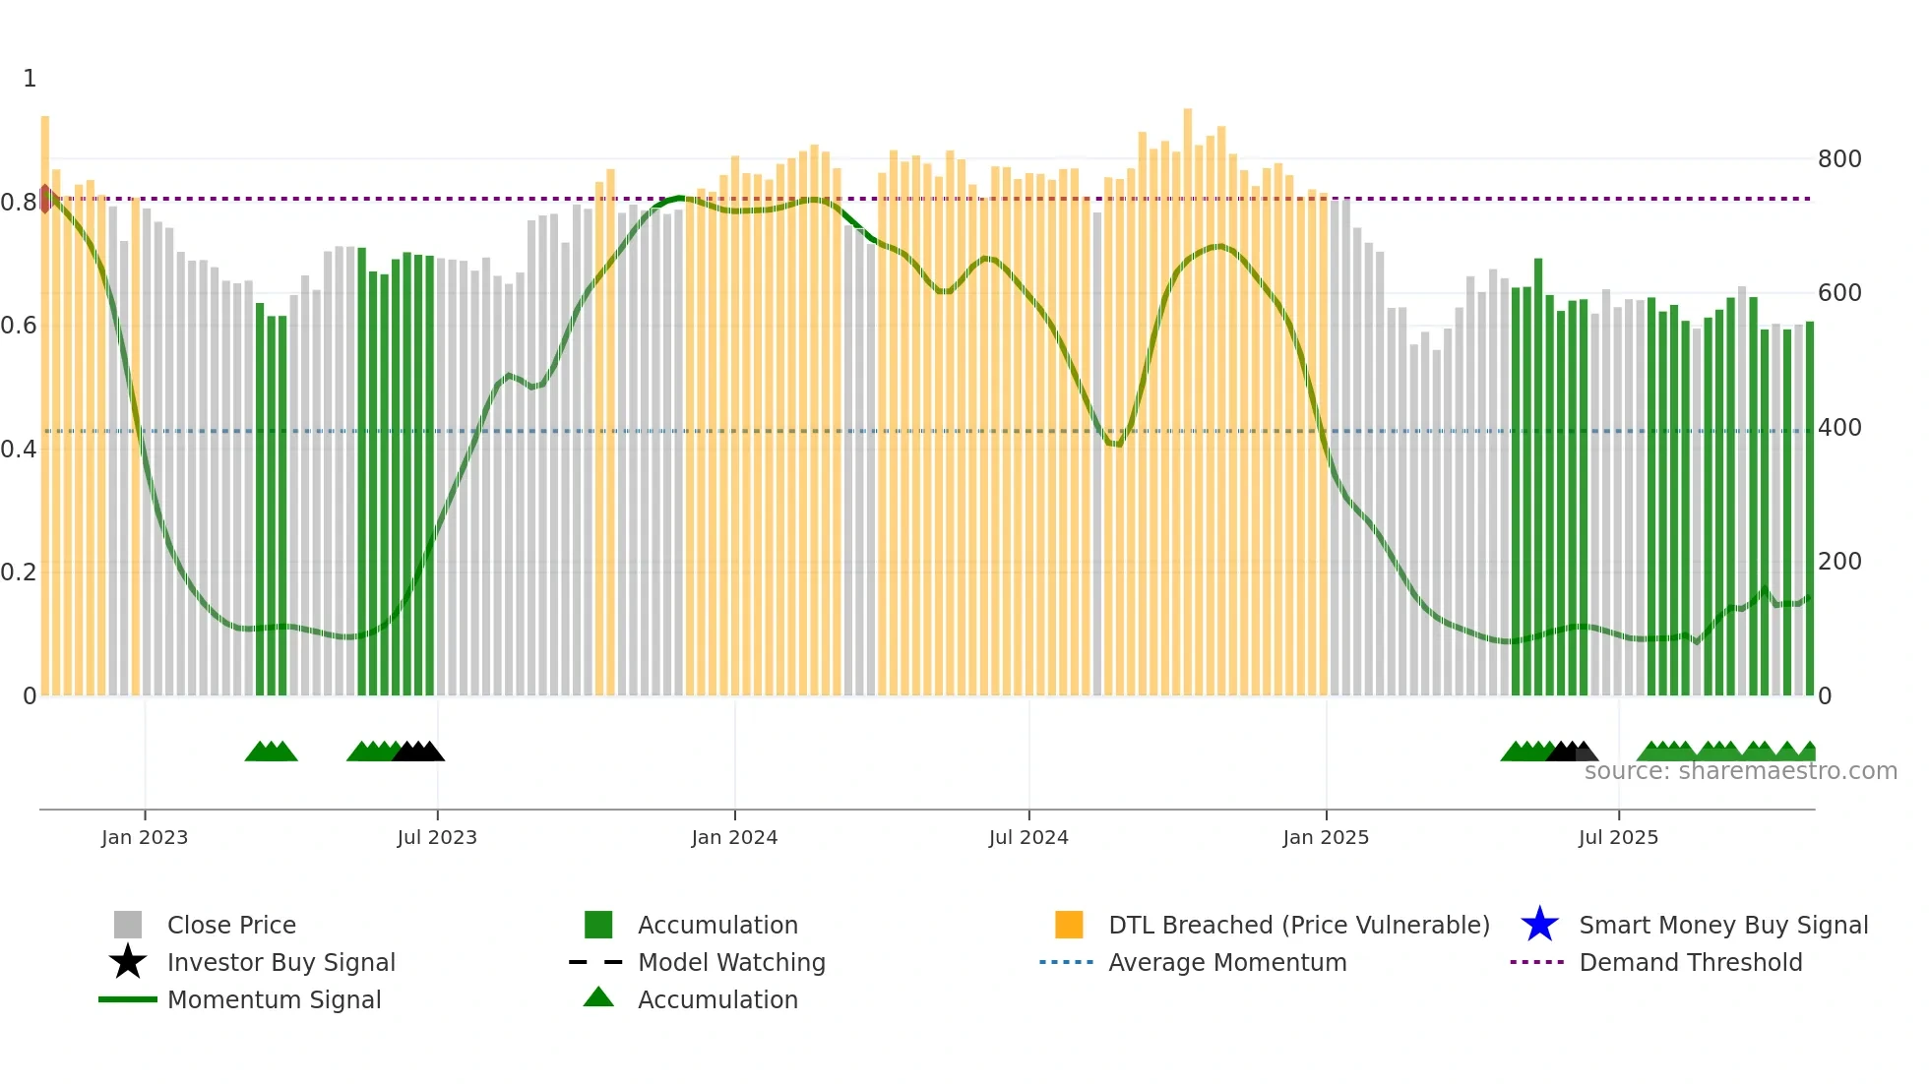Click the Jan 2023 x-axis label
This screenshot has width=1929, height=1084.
click(x=145, y=837)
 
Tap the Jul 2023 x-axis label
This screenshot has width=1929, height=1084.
click(x=437, y=837)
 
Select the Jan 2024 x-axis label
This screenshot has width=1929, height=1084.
click(x=734, y=837)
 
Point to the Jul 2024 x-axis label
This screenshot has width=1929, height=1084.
click(x=1028, y=837)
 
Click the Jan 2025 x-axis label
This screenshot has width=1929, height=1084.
click(x=1326, y=837)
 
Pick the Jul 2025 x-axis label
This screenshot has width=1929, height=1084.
click(x=1618, y=837)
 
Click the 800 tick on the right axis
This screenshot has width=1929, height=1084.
click(x=1839, y=158)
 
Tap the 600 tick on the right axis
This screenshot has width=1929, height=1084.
click(x=1839, y=292)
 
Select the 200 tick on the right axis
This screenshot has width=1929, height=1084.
click(x=1839, y=561)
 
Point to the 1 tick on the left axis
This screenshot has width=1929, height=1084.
click(x=30, y=78)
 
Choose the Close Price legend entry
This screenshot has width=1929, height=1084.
click(x=231, y=925)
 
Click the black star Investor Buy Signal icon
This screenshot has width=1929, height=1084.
click(x=128, y=962)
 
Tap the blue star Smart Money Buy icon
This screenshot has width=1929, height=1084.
click(x=1539, y=925)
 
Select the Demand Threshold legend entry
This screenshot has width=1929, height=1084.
click(x=1690, y=962)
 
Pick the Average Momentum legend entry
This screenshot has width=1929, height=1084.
click(x=1227, y=962)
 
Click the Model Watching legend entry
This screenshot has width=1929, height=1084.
click(x=731, y=962)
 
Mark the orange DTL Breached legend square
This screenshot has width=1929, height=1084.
click(x=1069, y=925)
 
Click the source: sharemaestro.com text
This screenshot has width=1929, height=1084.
click(x=1741, y=771)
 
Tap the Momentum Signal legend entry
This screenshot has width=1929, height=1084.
click(x=274, y=999)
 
